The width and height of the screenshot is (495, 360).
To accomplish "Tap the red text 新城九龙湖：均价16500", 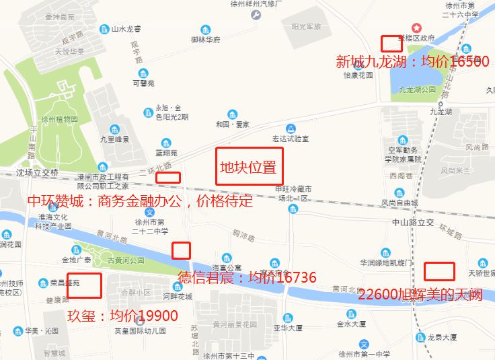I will click(x=412, y=62).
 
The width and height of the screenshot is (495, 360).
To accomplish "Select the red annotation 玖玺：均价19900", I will click(x=123, y=316).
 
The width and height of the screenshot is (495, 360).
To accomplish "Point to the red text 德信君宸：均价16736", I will click(x=246, y=277).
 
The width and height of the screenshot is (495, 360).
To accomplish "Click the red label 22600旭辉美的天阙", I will click(x=420, y=295).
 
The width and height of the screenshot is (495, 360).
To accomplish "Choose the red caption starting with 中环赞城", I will click(x=139, y=201).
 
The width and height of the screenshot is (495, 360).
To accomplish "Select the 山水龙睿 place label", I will click(x=126, y=29).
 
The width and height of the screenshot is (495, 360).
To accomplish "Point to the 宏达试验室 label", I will click(x=290, y=139).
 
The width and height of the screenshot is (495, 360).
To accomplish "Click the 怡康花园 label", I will click(x=358, y=75).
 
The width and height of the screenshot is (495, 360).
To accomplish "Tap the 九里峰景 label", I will click(x=114, y=139).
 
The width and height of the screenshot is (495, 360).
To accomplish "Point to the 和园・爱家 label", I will click(x=233, y=124).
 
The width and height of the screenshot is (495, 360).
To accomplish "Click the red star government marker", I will click(x=417, y=28).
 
